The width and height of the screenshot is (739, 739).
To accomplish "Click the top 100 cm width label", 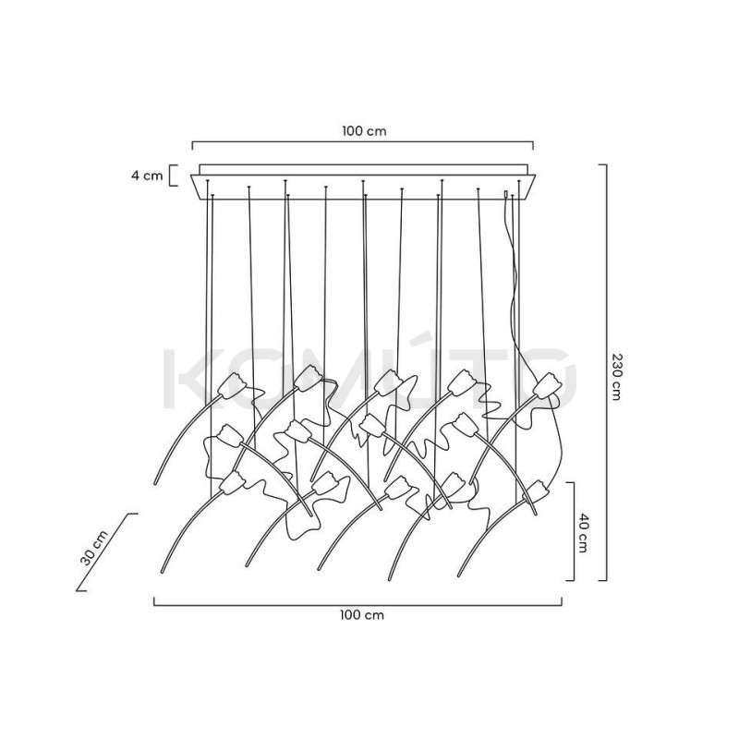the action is point(364,131).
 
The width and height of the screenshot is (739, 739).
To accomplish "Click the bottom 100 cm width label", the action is point(362,615).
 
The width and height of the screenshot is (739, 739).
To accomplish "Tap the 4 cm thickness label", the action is point(147,176).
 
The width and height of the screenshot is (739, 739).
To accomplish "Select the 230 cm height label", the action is point(615,377).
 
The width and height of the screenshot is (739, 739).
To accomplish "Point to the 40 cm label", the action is point(583,533).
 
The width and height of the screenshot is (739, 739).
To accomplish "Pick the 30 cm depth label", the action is point(94,548).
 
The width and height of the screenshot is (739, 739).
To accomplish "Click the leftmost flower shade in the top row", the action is point(233,384).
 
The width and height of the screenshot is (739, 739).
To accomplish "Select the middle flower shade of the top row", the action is point(390,382).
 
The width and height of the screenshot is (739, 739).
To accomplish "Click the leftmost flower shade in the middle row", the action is point(230,435).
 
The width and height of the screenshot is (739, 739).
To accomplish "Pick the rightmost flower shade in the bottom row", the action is point(537,491).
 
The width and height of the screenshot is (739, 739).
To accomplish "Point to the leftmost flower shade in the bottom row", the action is point(233,482).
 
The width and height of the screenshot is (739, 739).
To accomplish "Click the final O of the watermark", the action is point(548,380).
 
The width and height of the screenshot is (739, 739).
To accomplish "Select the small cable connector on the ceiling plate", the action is point(506,194).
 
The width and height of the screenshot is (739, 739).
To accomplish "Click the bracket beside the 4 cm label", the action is point(175,176).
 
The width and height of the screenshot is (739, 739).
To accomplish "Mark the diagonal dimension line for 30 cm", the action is point(106,551).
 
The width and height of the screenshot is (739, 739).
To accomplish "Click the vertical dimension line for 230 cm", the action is point(606,372).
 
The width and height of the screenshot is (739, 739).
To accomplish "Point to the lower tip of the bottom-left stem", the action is point(163,572).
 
